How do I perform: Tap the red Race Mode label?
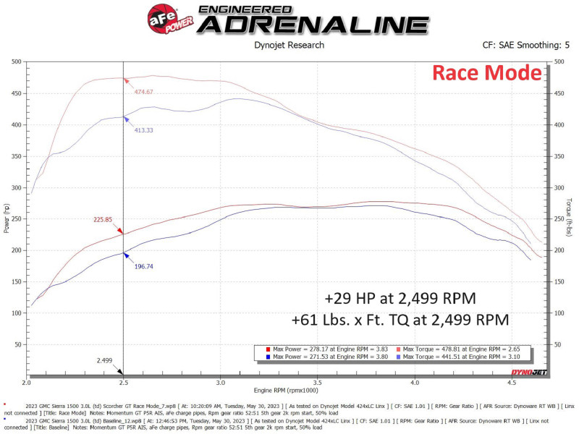point(486,73)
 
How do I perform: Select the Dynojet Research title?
point(289,45)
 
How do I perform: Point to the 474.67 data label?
point(143,92)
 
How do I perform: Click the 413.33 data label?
point(143,130)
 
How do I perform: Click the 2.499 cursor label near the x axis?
point(104,359)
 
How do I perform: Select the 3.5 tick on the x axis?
point(317,383)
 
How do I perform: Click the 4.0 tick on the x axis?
point(414,383)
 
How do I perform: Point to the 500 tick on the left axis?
point(14,62)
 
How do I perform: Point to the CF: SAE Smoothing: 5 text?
point(525,45)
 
